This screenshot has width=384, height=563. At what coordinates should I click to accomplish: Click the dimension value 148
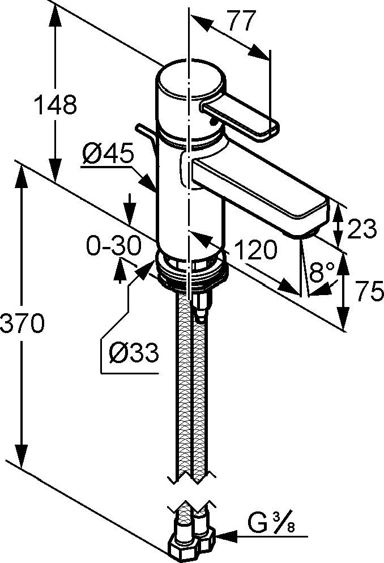[55, 105]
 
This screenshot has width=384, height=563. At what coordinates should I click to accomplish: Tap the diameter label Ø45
[107, 153]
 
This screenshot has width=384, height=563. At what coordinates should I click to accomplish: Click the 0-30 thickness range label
[113, 246]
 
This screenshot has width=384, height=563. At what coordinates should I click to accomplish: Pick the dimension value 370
[22, 323]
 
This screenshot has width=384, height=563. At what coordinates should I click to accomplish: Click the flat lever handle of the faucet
[241, 117]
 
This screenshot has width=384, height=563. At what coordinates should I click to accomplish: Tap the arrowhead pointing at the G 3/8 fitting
[224, 534]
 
